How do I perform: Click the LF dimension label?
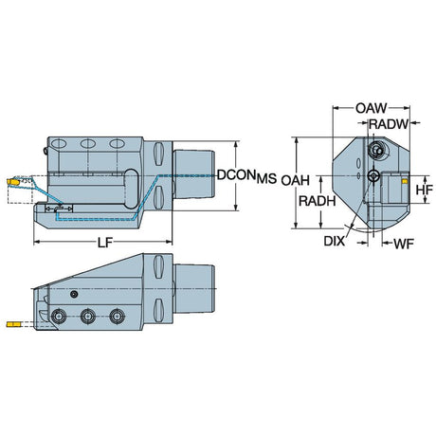(104, 243)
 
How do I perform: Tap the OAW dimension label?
(371, 108)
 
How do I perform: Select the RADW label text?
(389, 124)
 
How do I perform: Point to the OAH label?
(296, 181)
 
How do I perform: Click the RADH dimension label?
(318, 201)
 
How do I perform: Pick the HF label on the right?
(424, 191)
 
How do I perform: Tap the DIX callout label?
(335, 242)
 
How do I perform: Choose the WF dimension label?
(404, 244)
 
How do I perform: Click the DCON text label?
(236, 174)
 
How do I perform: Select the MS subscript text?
(266, 179)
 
